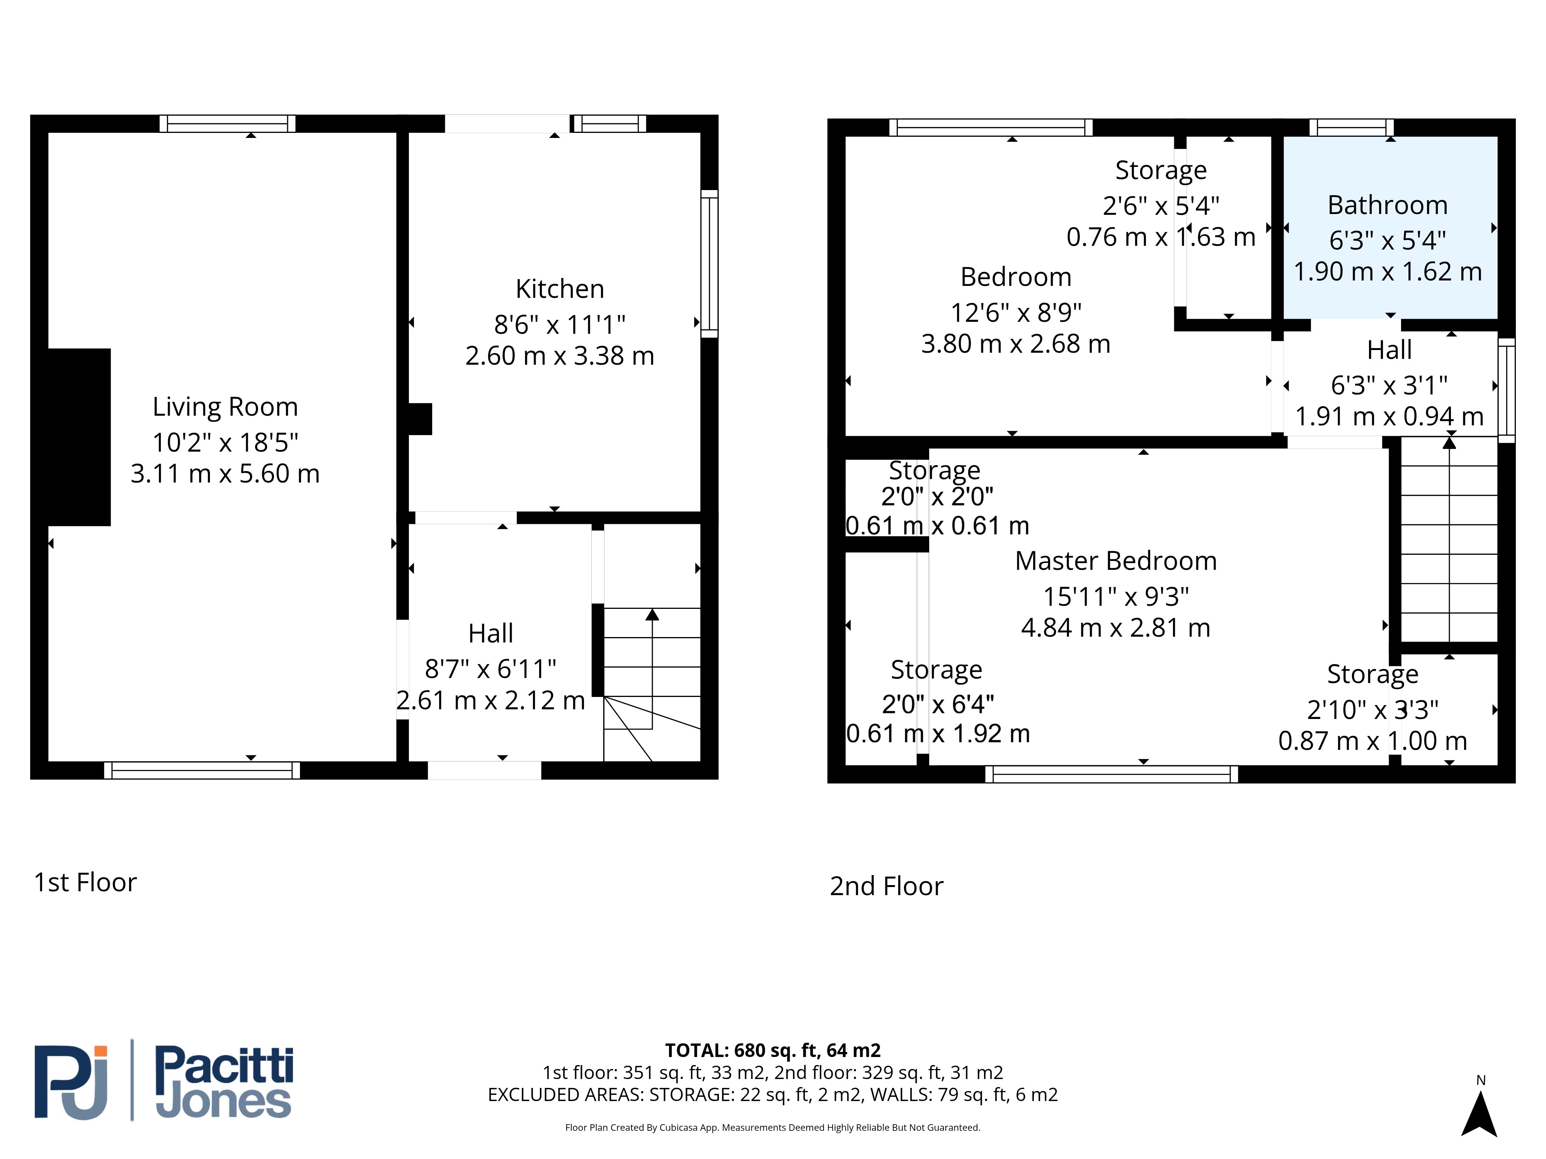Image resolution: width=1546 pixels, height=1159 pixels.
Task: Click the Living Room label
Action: point(225,406)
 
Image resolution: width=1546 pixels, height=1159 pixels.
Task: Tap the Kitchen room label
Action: point(559,289)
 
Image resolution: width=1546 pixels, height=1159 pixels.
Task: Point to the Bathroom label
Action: point(1388,205)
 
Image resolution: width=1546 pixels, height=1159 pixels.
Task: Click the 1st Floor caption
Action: point(85,882)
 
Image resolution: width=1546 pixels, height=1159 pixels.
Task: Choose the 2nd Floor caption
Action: point(886,886)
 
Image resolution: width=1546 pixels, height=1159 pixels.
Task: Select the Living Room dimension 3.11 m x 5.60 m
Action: point(225,474)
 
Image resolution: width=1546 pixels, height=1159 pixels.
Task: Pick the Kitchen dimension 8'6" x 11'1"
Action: point(559,324)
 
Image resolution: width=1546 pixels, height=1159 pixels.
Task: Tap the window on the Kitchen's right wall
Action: point(709,263)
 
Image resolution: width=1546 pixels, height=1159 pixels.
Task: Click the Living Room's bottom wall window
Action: point(202,770)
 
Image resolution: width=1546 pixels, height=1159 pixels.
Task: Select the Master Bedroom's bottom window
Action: point(1111,774)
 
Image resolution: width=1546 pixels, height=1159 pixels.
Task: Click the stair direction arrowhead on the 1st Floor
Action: point(652,614)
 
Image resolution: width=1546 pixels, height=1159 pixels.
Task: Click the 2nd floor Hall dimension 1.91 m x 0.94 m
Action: point(1389,416)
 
